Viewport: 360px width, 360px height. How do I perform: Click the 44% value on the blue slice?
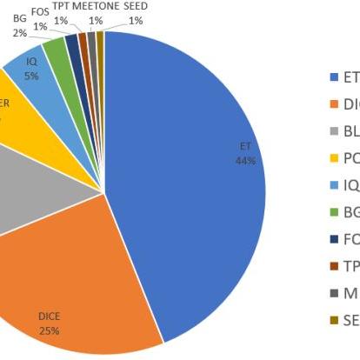click(244, 160)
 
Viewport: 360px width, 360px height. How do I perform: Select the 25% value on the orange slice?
click(50, 331)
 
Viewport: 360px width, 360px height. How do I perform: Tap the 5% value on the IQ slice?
click(31, 76)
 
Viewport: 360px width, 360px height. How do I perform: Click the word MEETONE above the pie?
click(96, 7)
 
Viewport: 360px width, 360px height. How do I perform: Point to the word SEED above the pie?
click(135, 7)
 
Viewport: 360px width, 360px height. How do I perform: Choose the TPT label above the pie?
click(61, 7)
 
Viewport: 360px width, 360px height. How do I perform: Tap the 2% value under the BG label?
click(19, 33)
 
